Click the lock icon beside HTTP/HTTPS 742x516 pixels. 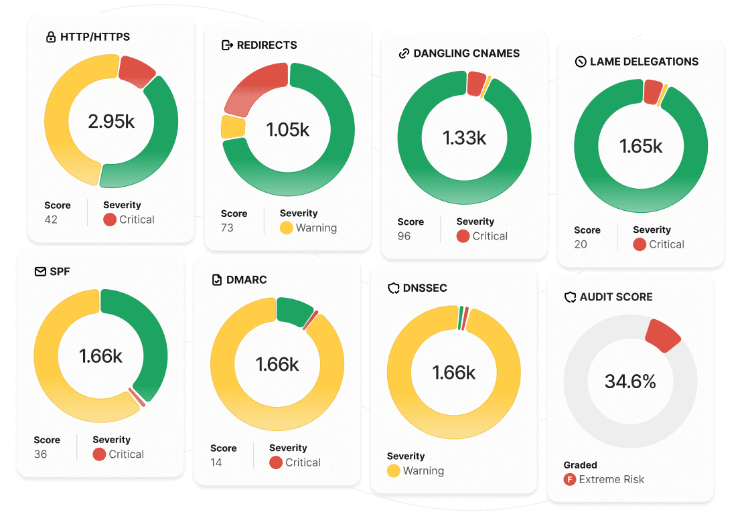pyautogui.click(x=50, y=37)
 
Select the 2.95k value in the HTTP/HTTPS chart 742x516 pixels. pyautogui.click(x=111, y=121)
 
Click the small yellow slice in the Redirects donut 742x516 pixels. pyautogui.click(x=232, y=126)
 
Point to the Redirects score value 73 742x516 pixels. pyautogui.click(x=227, y=228)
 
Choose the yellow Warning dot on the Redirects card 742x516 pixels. pyautogui.click(x=286, y=228)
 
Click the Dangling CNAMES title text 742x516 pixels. pyautogui.click(x=466, y=54)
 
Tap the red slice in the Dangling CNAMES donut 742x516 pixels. pyautogui.click(x=475, y=84)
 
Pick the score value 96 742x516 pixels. pyautogui.click(x=404, y=236)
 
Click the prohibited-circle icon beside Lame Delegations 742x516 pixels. pyautogui.click(x=581, y=62)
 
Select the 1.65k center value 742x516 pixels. pyautogui.click(x=641, y=146)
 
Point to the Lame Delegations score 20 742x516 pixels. pyautogui.click(x=581, y=244)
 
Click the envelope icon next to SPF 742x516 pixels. pyautogui.click(x=40, y=272)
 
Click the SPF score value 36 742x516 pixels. pyautogui.click(x=40, y=454)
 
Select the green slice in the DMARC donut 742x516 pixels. pyautogui.click(x=293, y=311)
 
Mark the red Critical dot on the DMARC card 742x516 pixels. pyautogui.click(x=275, y=462)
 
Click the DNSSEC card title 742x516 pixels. pyautogui.click(x=425, y=288)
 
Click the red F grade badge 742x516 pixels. pyautogui.click(x=570, y=479)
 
